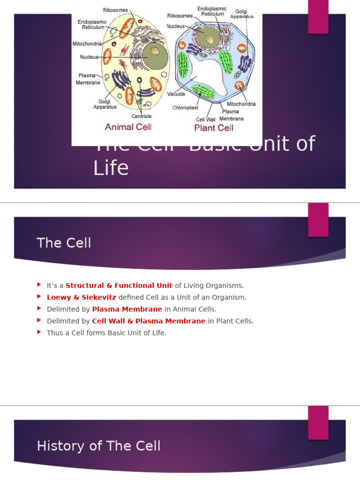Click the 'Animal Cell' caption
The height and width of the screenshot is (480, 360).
128,127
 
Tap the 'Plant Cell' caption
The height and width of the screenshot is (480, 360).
214,127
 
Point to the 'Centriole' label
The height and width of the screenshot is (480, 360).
142,116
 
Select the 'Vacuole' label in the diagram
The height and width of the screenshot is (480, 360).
176,94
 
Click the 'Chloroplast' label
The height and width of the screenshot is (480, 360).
185,108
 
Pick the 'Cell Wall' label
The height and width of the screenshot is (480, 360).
205,120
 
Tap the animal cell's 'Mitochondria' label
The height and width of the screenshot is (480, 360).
87,44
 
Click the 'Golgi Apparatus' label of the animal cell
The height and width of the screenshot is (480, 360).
105,104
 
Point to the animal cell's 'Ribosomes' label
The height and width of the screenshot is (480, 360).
115,10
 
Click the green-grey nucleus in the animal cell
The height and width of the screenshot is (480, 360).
155,56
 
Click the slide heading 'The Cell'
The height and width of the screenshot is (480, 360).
64,243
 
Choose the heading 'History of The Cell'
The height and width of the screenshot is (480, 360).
98,446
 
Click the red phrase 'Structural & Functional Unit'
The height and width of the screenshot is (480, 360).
119,285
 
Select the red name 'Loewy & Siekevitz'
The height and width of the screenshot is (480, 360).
82,297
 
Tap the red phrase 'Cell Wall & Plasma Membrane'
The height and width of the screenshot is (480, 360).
149,321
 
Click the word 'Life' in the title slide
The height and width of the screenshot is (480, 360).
111,168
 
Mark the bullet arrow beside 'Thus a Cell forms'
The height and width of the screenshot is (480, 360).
39,332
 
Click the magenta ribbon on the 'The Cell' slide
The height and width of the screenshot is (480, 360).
318,220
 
